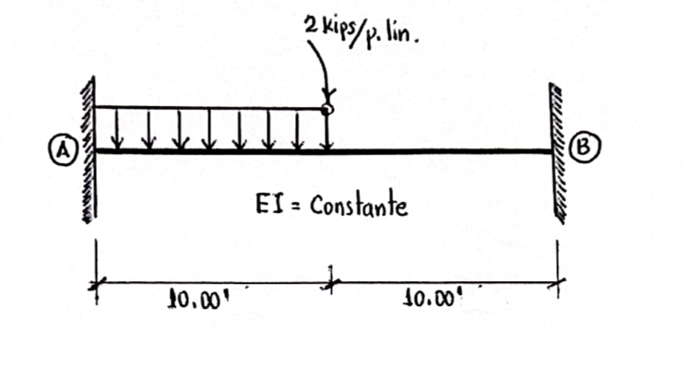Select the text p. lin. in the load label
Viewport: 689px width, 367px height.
397,38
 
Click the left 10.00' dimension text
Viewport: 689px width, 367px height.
194,300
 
